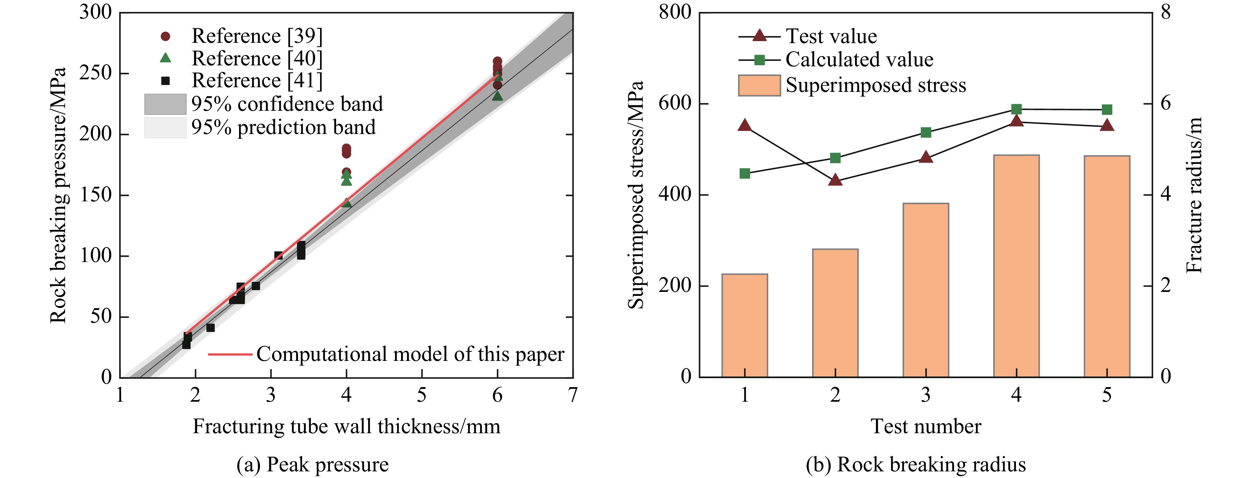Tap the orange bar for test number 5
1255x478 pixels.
click(x=1107, y=266)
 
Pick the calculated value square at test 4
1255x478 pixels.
click(x=1016, y=109)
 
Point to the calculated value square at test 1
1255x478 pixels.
click(x=744, y=173)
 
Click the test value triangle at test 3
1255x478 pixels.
click(x=926, y=157)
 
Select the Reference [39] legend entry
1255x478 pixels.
click(x=257, y=36)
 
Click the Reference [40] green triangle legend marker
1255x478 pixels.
click(x=166, y=58)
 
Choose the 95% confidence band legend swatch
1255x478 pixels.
click(x=165, y=104)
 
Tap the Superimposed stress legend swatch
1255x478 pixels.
click(x=759, y=85)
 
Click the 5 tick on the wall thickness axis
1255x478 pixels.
click(x=421, y=395)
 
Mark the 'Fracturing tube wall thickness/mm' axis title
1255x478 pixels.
click(x=346, y=426)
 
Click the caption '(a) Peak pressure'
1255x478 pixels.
click(x=312, y=464)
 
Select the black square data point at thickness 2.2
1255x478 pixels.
click(x=210, y=328)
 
